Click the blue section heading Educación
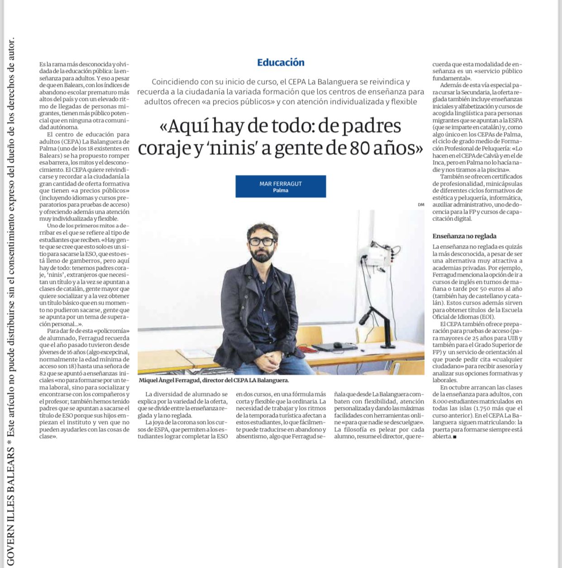pyautogui.click(x=281, y=62)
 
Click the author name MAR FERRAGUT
pyautogui.click(x=281, y=183)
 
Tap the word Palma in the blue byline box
pyautogui.click(x=281, y=191)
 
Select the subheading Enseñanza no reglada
pyautogui.click(x=464, y=236)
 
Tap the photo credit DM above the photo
pyautogui.click(x=421, y=205)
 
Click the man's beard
pyautogui.click(x=262, y=254)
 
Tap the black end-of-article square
pyautogui.click(x=454, y=437)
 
